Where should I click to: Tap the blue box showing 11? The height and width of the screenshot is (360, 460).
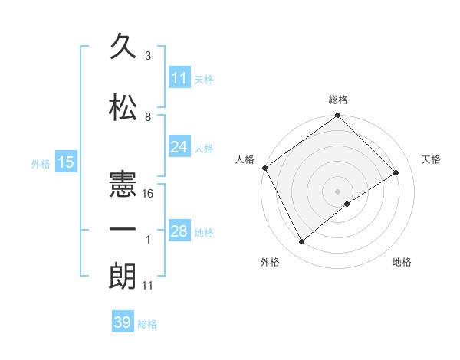click(179, 78)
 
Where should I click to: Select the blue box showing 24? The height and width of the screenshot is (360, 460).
click(179, 147)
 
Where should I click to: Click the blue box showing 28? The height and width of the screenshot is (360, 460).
click(179, 231)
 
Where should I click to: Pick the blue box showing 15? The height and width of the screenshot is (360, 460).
click(65, 162)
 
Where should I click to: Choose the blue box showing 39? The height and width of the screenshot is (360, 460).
click(123, 322)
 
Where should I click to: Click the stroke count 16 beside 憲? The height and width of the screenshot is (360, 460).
click(149, 194)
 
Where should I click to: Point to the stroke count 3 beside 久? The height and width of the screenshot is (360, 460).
click(148, 56)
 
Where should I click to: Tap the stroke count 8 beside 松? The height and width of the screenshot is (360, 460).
click(148, 117)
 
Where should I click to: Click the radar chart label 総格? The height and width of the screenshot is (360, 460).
click(338, 100)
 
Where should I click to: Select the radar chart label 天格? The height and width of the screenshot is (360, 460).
click(432, 159)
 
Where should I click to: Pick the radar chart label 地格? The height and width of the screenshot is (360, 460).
click(402, 262)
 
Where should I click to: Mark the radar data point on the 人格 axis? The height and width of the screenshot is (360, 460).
click(264, 168)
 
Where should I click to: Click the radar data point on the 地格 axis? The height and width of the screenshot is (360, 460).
click(347, 204)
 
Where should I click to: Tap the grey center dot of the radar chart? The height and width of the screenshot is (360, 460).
click(337, 191)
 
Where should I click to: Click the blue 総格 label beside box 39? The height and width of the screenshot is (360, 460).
click(147, 324)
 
